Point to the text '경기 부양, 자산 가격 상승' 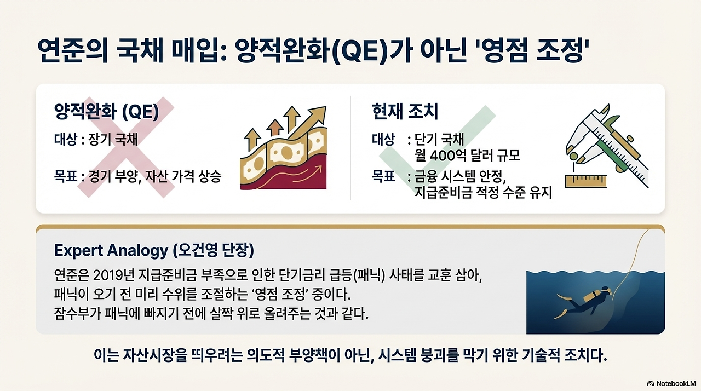(154, 177)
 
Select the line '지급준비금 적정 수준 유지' (482, 192)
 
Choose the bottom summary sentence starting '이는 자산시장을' (350, 357)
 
